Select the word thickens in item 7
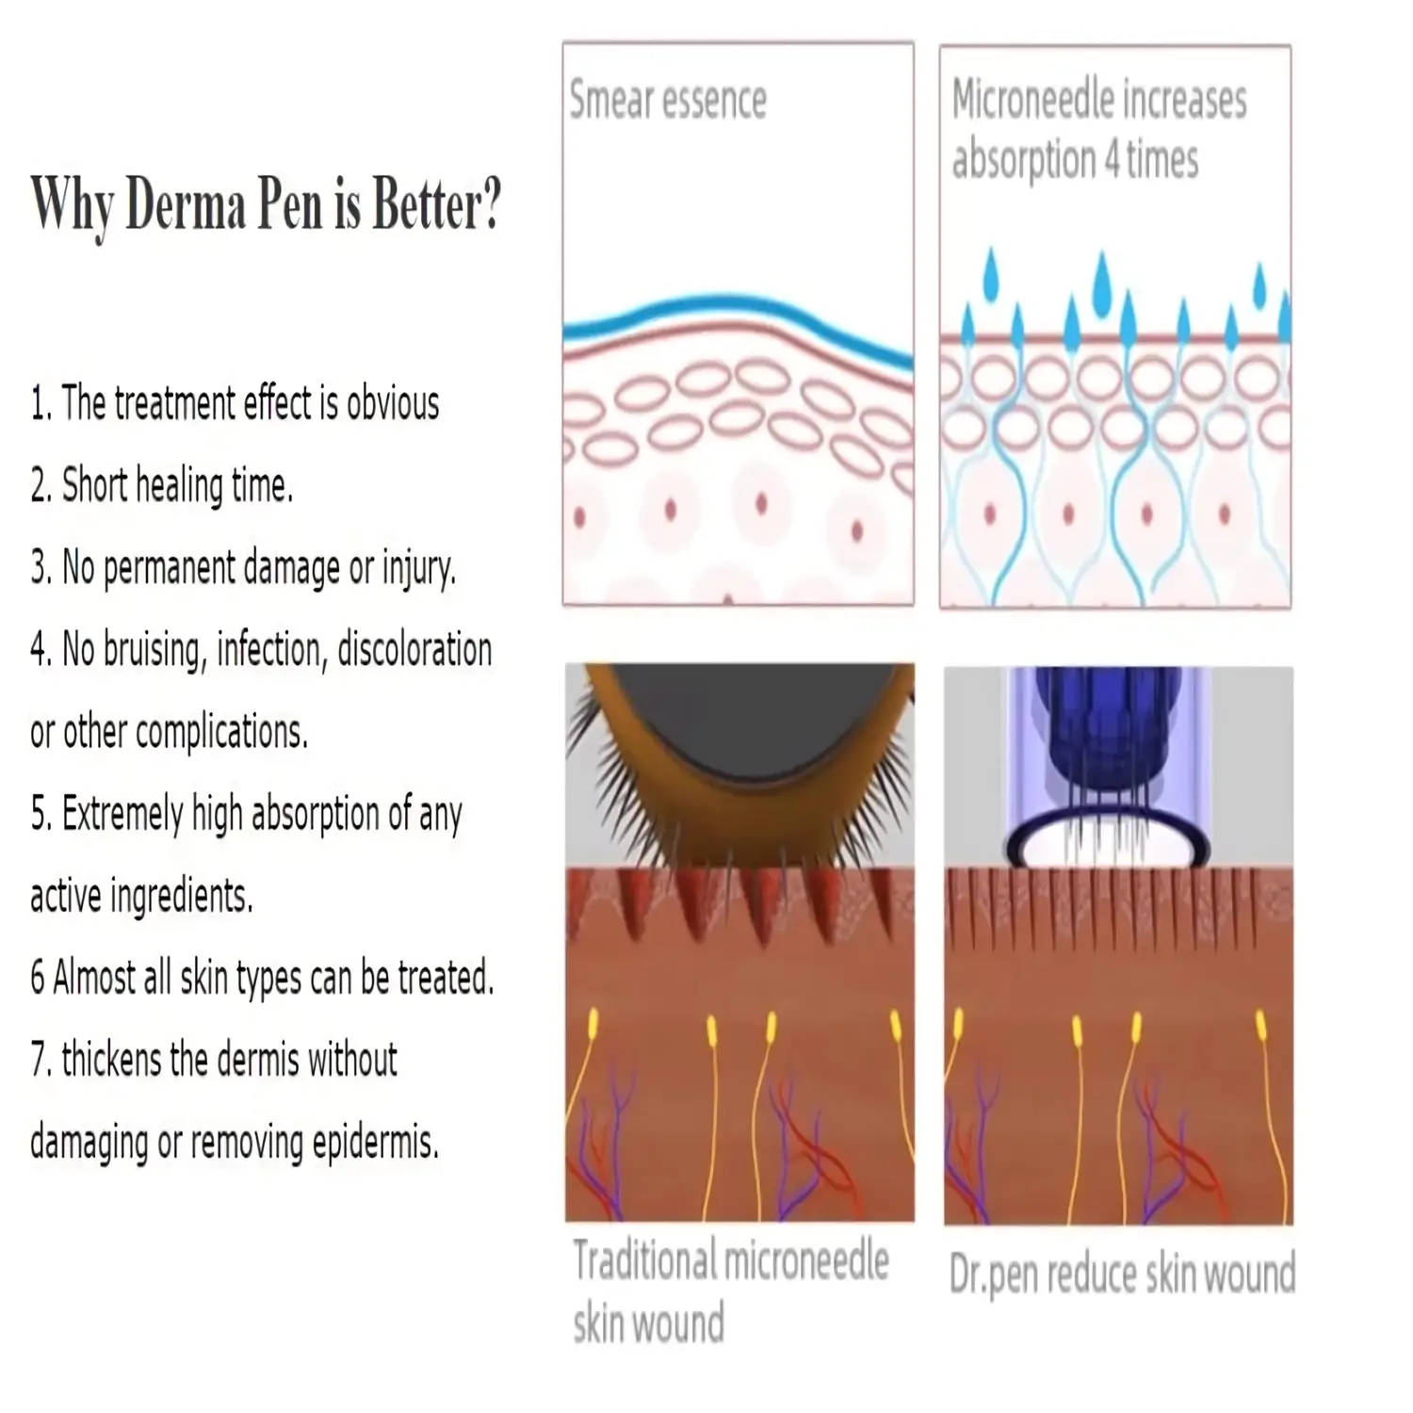112,1061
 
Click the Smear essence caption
667,101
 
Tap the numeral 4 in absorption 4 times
1112,160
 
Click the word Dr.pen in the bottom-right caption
994,1275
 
